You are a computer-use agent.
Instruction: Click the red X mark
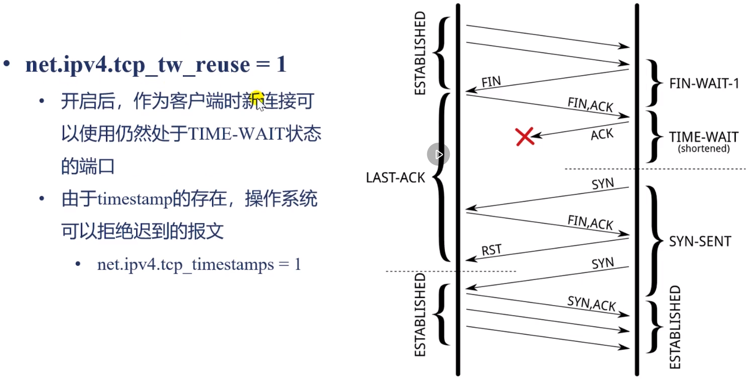pyautogui.click(x=524, y=136)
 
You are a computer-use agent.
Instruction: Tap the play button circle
pyautogui.click(x=438, y=154)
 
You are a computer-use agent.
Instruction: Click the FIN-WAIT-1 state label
pyautogui.click(x=704, y=84)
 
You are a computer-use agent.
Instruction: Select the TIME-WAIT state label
pyautogui.click(x=704, y=137)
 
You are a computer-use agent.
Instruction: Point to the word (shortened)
pyautogui.click(x=704, y=149)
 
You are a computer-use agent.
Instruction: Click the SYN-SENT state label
pyautogui.click(x=700, y=241)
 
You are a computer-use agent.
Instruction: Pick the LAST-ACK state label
pyautogui.click(x=395, y=178)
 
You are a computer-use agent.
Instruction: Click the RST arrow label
pyautogui.click(x=491, y=250)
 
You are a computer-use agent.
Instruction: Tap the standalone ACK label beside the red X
pyautogui.click(x=602, y=134)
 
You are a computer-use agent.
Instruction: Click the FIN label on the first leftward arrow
pyautogui.click(x=491, y=81)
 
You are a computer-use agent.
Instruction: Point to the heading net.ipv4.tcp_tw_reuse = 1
pyautogui.click(x=156, y=65)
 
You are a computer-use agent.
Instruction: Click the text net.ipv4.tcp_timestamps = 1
pyautogui.click(x=199, y=264)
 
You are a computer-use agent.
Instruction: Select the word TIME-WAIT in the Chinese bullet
pyautogui.click(x=237, y=134)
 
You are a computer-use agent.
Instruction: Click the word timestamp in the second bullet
pyautogui.click(x=135, y=199)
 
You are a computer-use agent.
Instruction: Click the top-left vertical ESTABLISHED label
pyautogui.click(x=420, y=53)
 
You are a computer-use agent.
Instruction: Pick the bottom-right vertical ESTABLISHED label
pyautogui.click(x=675, y=327)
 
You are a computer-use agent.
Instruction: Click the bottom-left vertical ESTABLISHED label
pyautogui.click(x=420, y=315)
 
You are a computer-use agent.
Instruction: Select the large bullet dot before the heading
pyautogui.click(x=7, y=64)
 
